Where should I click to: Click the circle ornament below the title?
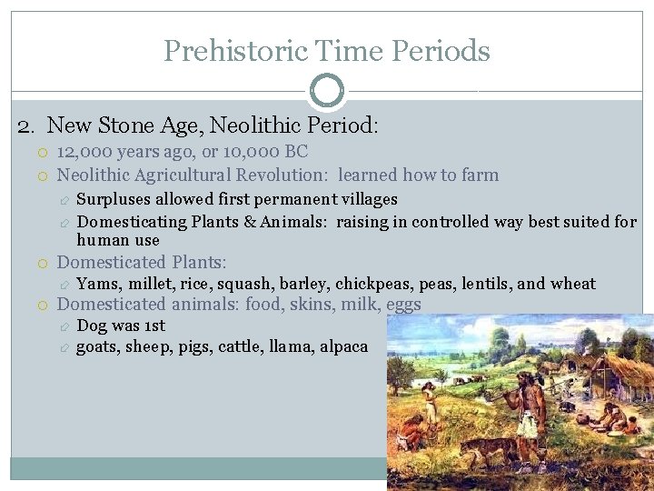[x=327, y=91]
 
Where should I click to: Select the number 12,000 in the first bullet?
[x=83, y=152]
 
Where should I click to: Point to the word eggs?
[x=403, y=305]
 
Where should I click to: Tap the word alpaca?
[x=343, y=346]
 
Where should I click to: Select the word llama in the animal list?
[x=291, y=346]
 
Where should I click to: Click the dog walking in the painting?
[x=486, y=451]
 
